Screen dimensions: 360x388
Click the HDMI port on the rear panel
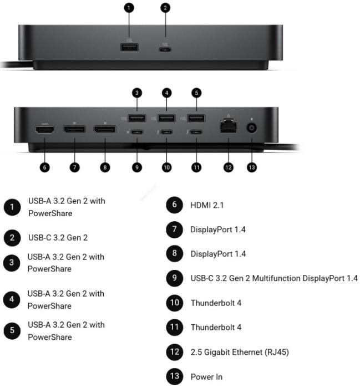point(45,130)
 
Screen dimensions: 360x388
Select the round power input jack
point(251,128)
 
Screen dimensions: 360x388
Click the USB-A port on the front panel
point(129,47)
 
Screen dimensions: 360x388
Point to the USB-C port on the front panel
point(165,49)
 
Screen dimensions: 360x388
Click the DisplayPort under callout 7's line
point(74,129)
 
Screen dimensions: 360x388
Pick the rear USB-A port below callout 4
point(166,118)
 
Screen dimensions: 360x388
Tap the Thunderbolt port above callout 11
point(196,132)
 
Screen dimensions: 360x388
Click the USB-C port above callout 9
point(137,132)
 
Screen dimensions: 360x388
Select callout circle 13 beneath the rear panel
point(252,167)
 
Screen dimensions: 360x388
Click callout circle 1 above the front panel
point(129,8)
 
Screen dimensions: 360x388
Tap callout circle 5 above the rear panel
point(196,93)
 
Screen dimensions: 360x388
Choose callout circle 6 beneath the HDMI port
point(44,167)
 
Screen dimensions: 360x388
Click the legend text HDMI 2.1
point(207,205)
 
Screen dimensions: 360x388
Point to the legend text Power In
point(206,376)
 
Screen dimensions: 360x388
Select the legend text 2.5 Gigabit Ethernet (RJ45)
point(240,352)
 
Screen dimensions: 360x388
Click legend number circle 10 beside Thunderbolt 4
point(175,303)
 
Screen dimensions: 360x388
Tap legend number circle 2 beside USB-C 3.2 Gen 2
point(12,238)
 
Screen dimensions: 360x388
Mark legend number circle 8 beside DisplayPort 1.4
point(175,253)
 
